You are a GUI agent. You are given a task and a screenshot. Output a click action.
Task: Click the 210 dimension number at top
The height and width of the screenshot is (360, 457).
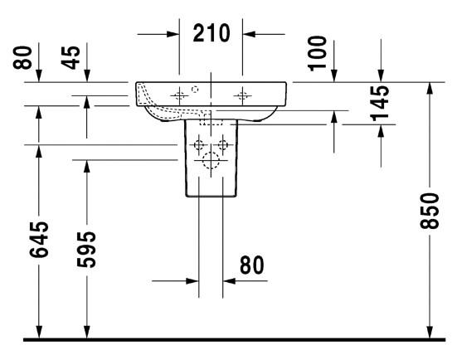(211, 34)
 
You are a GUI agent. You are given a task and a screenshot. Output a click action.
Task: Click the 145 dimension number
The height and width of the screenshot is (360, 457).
(381, 105)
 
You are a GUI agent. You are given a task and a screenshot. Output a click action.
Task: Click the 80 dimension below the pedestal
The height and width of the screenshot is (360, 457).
(251, 265)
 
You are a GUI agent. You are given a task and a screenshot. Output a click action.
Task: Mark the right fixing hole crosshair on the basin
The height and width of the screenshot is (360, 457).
(242, 95)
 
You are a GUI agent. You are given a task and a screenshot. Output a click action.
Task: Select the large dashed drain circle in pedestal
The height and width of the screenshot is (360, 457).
(211, 162)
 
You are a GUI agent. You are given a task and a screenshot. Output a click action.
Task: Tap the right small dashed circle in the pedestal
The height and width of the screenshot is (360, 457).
(223, 146)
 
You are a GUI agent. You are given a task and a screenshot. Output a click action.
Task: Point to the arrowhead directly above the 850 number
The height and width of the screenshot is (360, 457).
(430, 89)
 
